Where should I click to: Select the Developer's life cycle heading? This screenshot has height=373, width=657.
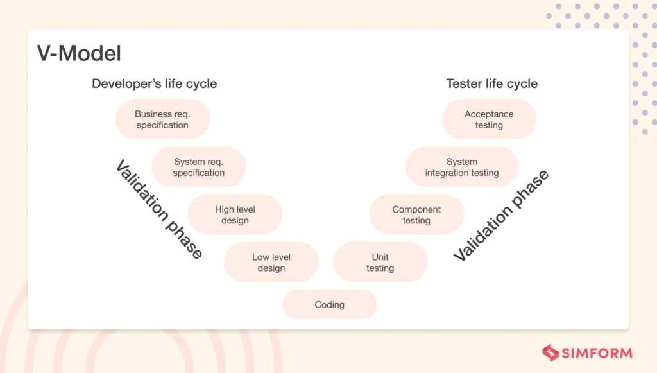point(154,83)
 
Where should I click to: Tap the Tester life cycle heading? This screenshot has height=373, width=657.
point(491,83)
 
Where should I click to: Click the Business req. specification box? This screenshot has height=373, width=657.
point(162,119)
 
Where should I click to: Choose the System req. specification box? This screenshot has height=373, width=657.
point(199,167)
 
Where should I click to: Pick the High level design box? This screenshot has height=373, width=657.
point(235,214)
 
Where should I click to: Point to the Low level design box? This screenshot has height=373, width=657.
point(271,262)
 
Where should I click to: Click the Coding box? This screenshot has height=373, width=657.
point(329,304)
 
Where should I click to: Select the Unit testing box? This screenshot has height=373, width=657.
point(380,262)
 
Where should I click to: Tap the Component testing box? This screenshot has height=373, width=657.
point(416,214)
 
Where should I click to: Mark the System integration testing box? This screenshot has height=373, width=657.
point(461,167)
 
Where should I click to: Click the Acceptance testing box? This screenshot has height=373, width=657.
point(489,119)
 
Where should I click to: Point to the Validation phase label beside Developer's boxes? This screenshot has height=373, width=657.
point(159,209)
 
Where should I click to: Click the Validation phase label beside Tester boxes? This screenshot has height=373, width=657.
point(501,216)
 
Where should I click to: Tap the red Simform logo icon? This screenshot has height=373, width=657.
point(550,352)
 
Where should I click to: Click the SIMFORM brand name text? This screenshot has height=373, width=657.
point(597,353)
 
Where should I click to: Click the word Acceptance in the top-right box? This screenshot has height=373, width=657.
point(489,114)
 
